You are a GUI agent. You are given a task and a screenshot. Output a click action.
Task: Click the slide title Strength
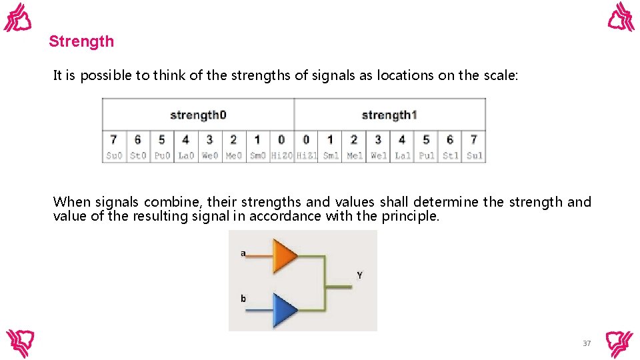pos(81,41)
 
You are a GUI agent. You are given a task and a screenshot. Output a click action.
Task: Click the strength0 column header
pos(198,115)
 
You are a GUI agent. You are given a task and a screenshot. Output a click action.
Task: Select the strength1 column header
pos(389,115)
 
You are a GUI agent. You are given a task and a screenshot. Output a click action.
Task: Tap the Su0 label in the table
pos(114,156)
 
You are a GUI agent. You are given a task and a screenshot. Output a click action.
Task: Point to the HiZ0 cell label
pos(281,156)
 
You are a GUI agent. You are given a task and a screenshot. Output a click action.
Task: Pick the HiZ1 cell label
pos(306,156)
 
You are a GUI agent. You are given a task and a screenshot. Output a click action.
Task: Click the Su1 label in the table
pos(474,156)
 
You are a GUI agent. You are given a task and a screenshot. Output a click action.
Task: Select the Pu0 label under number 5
pos(162,156)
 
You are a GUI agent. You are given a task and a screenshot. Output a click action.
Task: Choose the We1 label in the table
pos(378,156)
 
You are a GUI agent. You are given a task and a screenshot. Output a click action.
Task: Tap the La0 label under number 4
pos(185,156)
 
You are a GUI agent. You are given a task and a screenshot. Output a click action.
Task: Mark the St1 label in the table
pos(450,156)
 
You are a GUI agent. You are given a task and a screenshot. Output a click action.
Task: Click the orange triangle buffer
pos(285,256)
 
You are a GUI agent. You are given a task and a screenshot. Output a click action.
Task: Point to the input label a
pos(243,253)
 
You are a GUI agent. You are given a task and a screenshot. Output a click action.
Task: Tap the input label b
pos(243,299)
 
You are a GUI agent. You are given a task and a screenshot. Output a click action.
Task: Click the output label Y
pos(359,275)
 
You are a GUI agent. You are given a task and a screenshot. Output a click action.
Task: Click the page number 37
pos(587,343)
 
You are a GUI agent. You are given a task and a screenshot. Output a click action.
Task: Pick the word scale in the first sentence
pos(499,75)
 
